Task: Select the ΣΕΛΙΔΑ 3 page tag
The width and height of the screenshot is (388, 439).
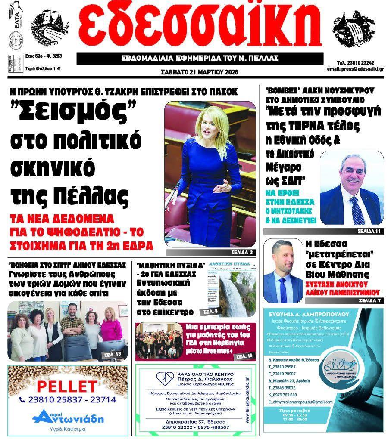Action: [238, 252]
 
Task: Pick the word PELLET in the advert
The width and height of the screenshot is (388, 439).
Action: [67, 385]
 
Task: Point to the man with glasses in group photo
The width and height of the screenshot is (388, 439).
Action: [72, 326]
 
